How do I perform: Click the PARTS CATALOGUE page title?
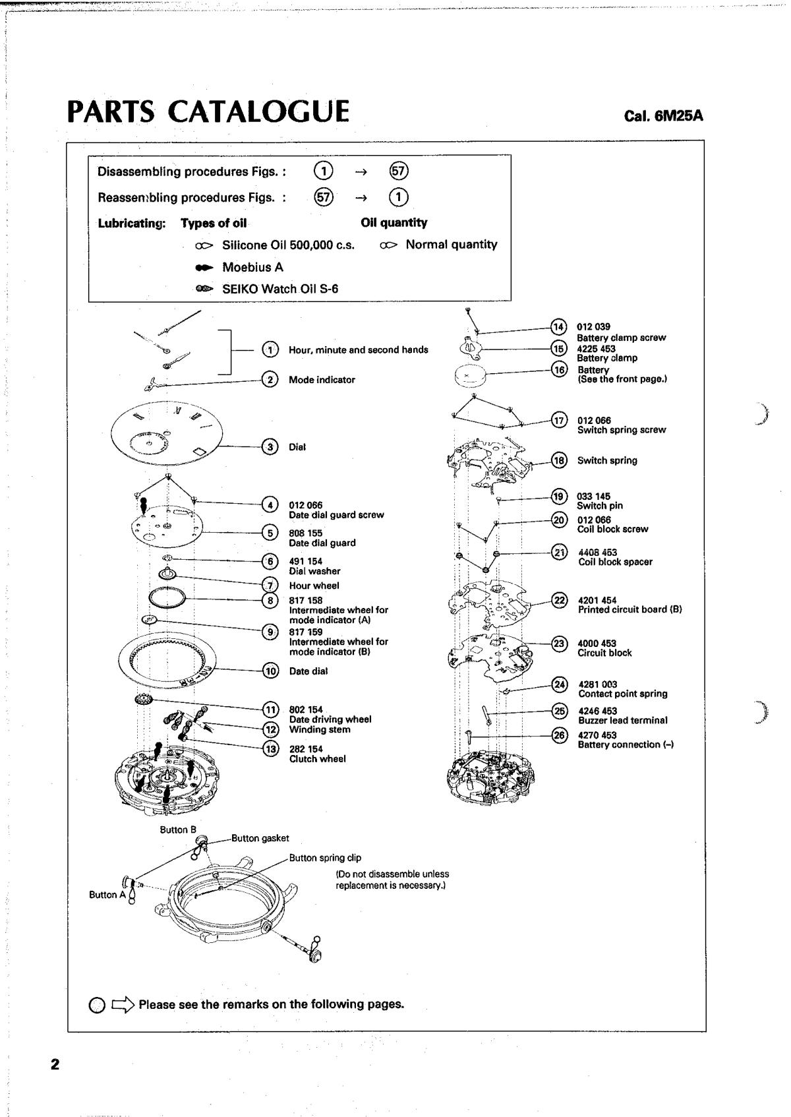[x=208, y=112]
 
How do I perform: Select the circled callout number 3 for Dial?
[x=270, y=447]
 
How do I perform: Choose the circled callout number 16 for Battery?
[x=559, y=370]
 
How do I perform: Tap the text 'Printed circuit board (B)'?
[x=630, y=610]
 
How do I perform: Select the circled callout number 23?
[x=559, y=644]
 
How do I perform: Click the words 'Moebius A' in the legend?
[x=252, y=267]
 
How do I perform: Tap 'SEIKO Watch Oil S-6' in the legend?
[x=280, y=289]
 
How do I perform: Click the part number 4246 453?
[x=597, y=711]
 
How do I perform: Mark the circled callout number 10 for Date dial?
[x=270, y=671]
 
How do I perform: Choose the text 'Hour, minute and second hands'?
[x=358, y=350]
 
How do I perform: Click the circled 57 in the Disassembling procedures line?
[x=399, y=171]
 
